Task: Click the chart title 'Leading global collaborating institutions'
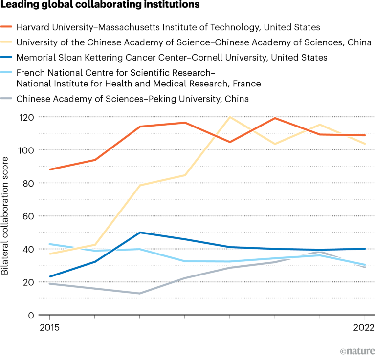click(100, 6)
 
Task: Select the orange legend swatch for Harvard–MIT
click(7, 27)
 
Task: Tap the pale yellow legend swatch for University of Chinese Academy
click(7, 42)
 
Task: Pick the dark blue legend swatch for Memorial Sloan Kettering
click(7, 58)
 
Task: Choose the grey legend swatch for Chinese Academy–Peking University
click(7, 99)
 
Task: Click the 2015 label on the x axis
click(49, 327)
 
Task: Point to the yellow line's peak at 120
click(229, 117)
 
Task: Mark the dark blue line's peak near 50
click(140, 233)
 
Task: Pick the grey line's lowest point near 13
click(140, 293)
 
